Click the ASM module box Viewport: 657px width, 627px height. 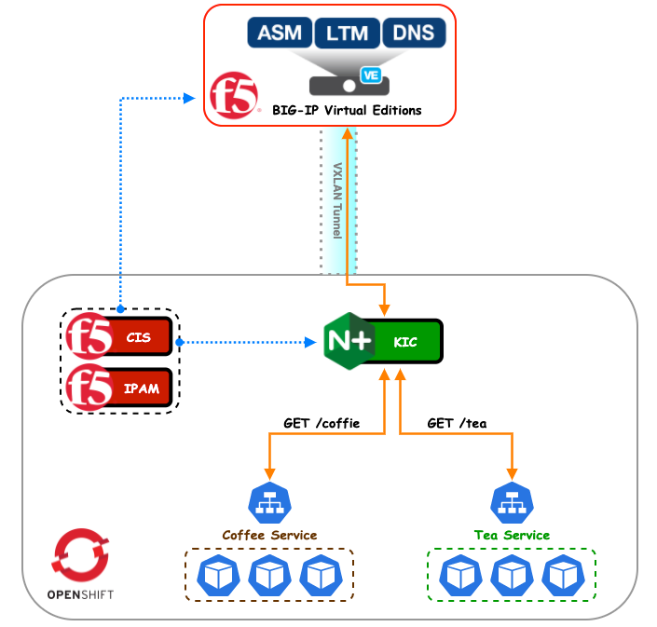[x=280, y=34]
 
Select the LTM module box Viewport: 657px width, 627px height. [x=347, y=34]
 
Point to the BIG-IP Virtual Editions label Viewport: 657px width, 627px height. [x=347, y=110]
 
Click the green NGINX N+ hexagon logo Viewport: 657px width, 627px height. [x=349, y=342]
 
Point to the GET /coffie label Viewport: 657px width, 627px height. [x=322, y=423]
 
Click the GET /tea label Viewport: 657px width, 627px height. [x=457, y=423]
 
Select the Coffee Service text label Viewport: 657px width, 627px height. [x=269, y=535]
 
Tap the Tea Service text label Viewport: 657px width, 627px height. [x=511, y=535]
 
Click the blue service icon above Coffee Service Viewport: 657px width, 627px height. [x=270, y=503]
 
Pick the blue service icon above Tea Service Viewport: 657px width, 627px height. [x=511, y=503]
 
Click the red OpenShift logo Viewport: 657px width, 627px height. [x=81, y=556]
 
